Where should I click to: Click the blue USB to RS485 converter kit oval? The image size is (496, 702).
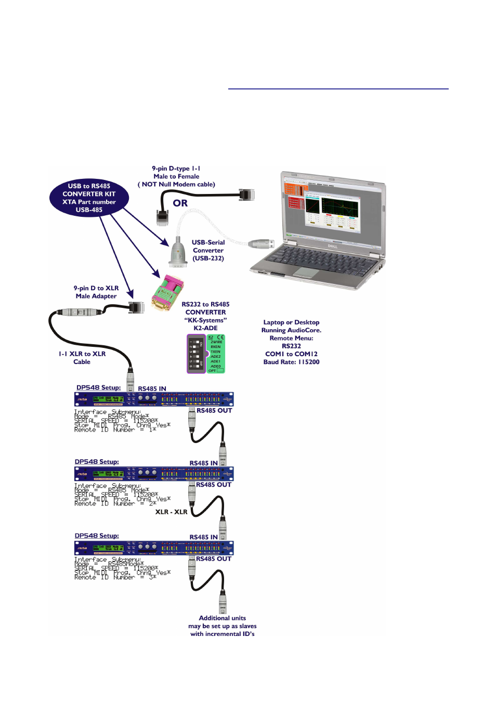89,198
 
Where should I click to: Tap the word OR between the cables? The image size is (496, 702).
180,203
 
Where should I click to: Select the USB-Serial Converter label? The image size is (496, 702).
208,250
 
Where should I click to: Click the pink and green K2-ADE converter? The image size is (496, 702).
167,293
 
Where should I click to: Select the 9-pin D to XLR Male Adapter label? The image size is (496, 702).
96,292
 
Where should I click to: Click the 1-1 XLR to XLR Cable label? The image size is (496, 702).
82,358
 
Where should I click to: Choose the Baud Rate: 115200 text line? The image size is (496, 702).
291,362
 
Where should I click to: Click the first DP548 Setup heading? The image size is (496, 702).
98,387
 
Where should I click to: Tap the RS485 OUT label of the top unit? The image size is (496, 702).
214,411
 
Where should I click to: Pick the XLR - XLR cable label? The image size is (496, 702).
171,512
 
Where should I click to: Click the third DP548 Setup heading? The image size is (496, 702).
97,536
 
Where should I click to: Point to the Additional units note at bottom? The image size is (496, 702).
223,626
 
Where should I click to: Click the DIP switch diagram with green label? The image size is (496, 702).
206,354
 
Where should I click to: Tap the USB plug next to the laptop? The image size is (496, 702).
261,244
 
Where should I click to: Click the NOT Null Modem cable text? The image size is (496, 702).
177,185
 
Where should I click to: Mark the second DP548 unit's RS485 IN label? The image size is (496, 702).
203,463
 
